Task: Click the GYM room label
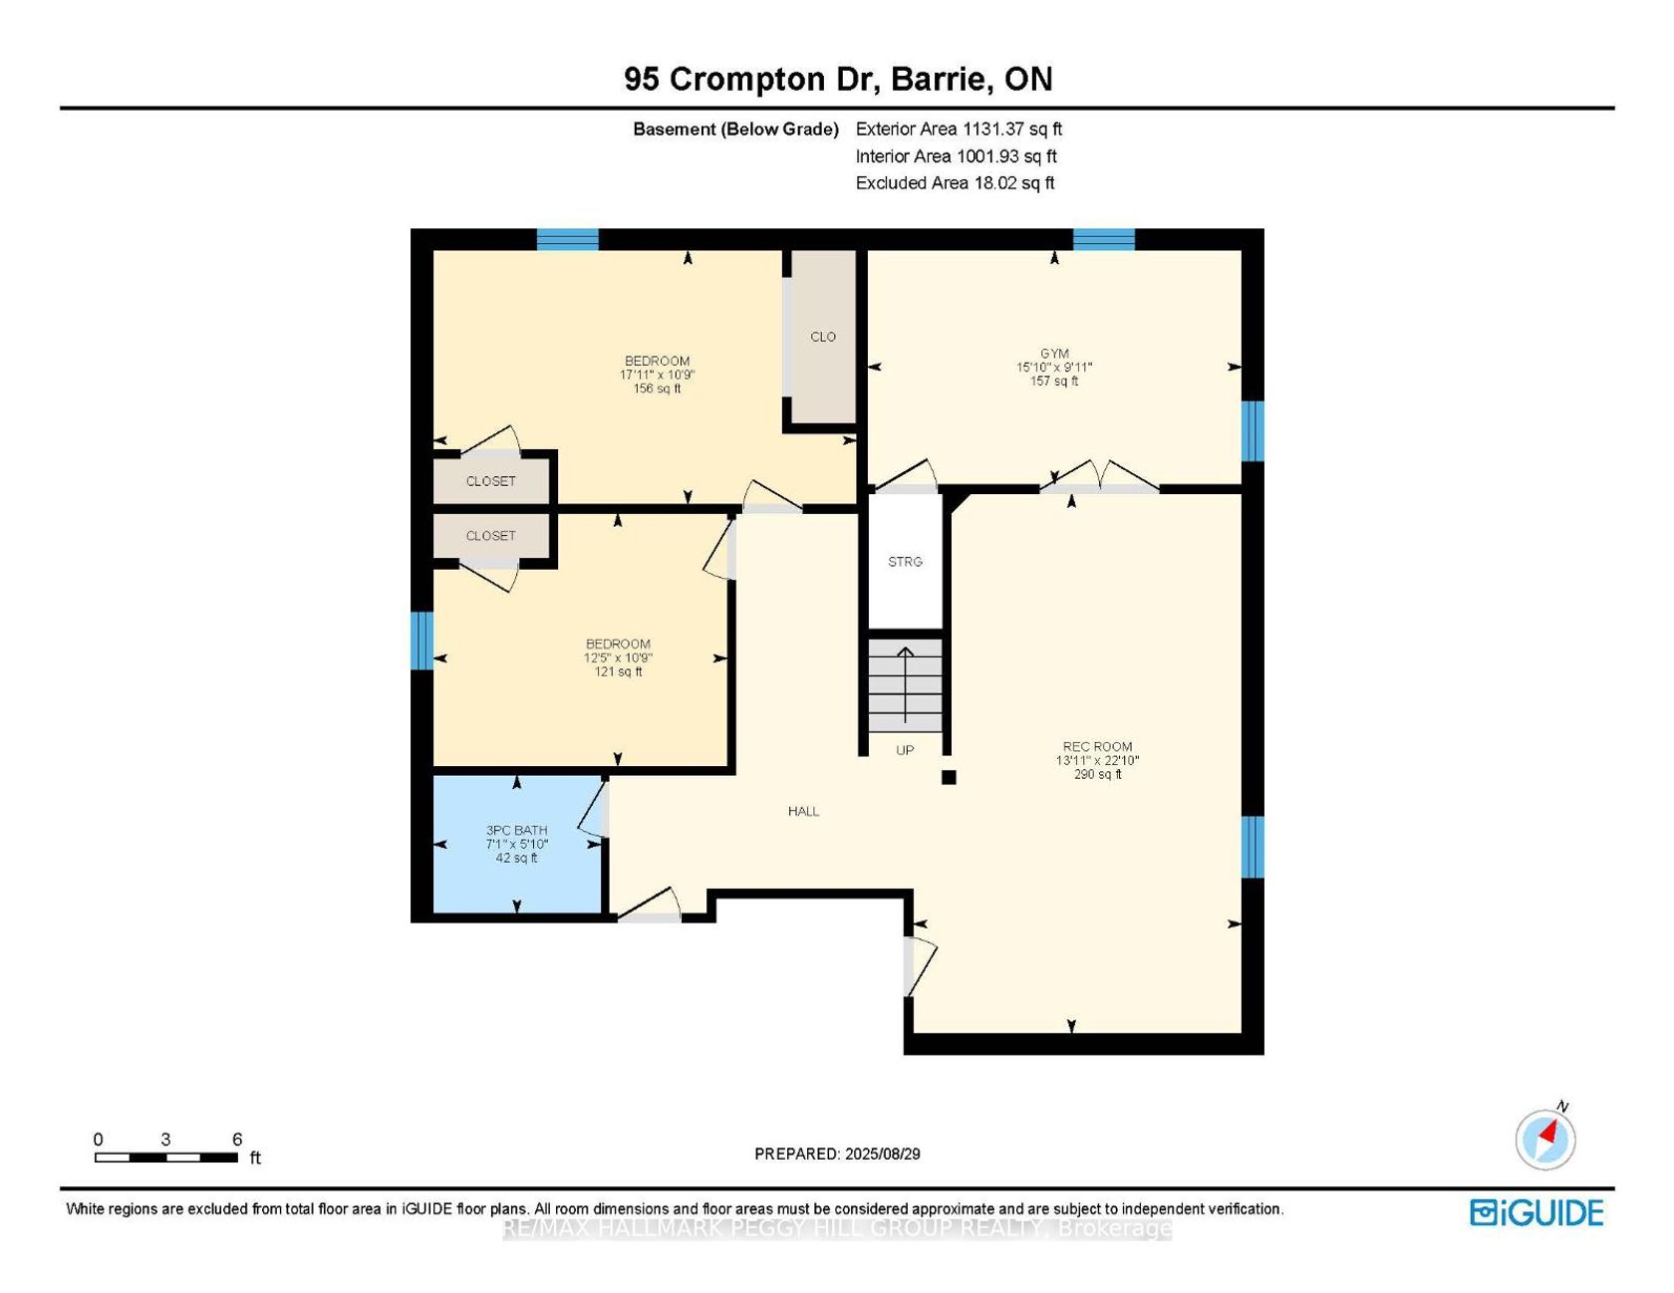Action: (x=1054, y=354)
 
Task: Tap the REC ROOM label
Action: (x=1097, y=746)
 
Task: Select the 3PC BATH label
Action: (x=516, y=830)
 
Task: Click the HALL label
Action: (x=803, y=811)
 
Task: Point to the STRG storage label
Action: (x=905, y=562)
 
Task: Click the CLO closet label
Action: (x=823, y=337)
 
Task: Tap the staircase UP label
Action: (x=905, y=750)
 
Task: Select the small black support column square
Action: (x=949, y=777)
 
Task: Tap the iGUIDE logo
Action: (x=1536, y=1212)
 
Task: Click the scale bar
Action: (x=166, y=1158)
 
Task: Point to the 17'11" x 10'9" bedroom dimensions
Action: (x=657, y=375)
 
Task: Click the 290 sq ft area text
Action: (x=1097, y=774)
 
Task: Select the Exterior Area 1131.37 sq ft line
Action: (x=959, y=129)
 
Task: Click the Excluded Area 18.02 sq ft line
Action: (x=955, y=182)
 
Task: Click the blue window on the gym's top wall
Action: (x=1104, y=239)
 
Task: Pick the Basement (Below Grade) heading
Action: (x=735, y=129)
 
